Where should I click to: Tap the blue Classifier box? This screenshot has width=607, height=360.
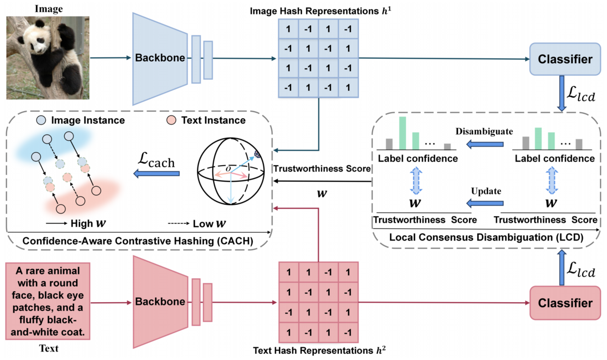click(x=565, y=59)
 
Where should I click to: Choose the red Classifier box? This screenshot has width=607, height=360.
click(x=565, y=303)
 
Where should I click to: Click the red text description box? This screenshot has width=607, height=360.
click(x=48, y=301)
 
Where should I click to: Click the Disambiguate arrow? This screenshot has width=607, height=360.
click(x=482, y=143)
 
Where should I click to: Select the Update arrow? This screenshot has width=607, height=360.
click(x=482, y=203)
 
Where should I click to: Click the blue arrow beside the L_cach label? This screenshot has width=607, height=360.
click(x=156, y=174)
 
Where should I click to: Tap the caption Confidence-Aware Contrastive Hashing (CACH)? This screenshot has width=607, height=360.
click(x=138, y=240)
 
